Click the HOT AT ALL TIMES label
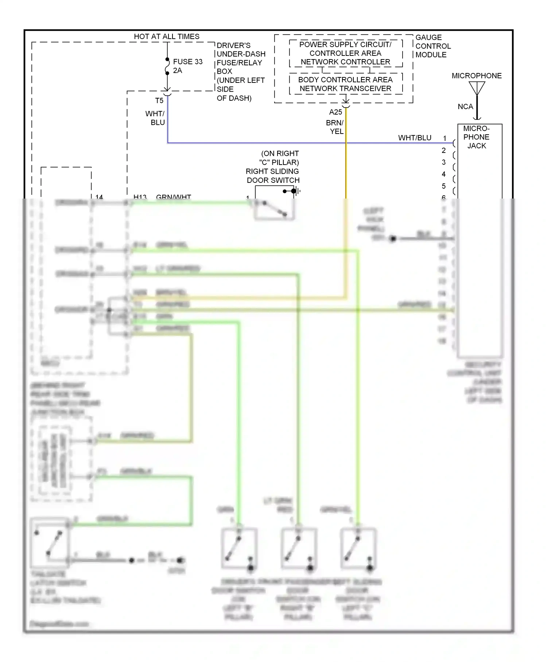pyautogui.click(x=167, y=36)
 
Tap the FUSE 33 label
pyautogui.click(x=187, y=62)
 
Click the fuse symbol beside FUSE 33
pyautogui.click(x=167, y=66)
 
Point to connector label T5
pyautogui.click(x=159, y=101)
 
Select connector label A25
pyautogui.click(x=335, y=112)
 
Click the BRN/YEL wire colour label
pyautogui.click(x=335, y=127)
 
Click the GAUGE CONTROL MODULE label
pyautogui.click(x=433, y=46)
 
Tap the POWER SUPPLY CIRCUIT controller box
pyautogui.click(x=345, y=53)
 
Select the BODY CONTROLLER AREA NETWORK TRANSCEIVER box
pyautogui.click(x=345, y=84)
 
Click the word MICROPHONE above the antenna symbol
pyautogui.click(x=476, y=76)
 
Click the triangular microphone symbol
pyautogui.click(x=477, y=88)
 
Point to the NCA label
pyautogui.click(x=465, y=107)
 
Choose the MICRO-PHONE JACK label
pyautogui.click(x=477, y=137)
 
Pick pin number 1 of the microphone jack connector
pyautogui.click(x=445, y=138)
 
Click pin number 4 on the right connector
pyautogui.click(x=444, y=174)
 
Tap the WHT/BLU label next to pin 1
pyautogui.click(x=415, y=138)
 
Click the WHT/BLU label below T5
pyautogui.click(x=155, y=118)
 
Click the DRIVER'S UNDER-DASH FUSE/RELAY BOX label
pyautogui.click(x=241, y=72)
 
